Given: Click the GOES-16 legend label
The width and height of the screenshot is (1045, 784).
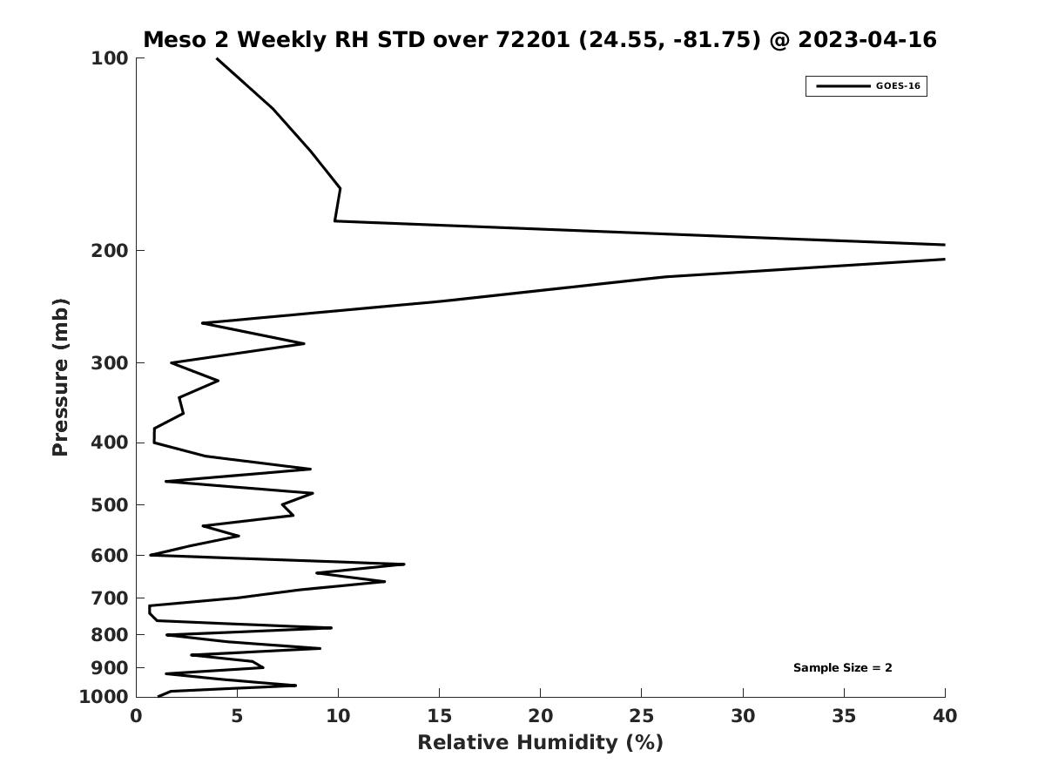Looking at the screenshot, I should [x=898, y=86].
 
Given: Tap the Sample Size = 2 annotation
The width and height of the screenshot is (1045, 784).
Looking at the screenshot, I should [x=842, y=668].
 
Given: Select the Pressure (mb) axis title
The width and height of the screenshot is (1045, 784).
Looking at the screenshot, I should [x=60, y=377].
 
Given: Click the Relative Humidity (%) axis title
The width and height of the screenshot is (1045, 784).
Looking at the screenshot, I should [x=540, y=743].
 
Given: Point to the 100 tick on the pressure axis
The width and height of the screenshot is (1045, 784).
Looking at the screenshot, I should [x=110, y=58].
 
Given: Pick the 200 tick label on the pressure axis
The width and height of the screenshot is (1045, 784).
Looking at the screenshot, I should [x=110, y=251].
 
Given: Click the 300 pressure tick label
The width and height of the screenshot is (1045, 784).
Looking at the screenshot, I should [x=110, y=363].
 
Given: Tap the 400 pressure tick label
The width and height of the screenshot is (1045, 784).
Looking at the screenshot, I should [x=110, y=443].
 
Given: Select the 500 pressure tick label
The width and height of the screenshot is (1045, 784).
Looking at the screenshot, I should [x=110, y=505].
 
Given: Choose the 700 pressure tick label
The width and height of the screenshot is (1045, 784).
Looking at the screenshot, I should [x=110, y=598].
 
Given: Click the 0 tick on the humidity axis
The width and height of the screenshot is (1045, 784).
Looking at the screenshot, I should [x=136, y=717].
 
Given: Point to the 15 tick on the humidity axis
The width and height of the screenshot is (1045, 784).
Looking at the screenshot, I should [x=439, y=717].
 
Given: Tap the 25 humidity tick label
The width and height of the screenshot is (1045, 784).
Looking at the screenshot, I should [x=642, y=717].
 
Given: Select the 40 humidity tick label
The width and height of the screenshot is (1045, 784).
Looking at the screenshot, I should [x=945, y=717].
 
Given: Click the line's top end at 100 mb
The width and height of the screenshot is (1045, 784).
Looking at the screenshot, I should [x=217, y=58].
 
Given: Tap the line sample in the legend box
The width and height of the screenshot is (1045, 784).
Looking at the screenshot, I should [x=842, y=86].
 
